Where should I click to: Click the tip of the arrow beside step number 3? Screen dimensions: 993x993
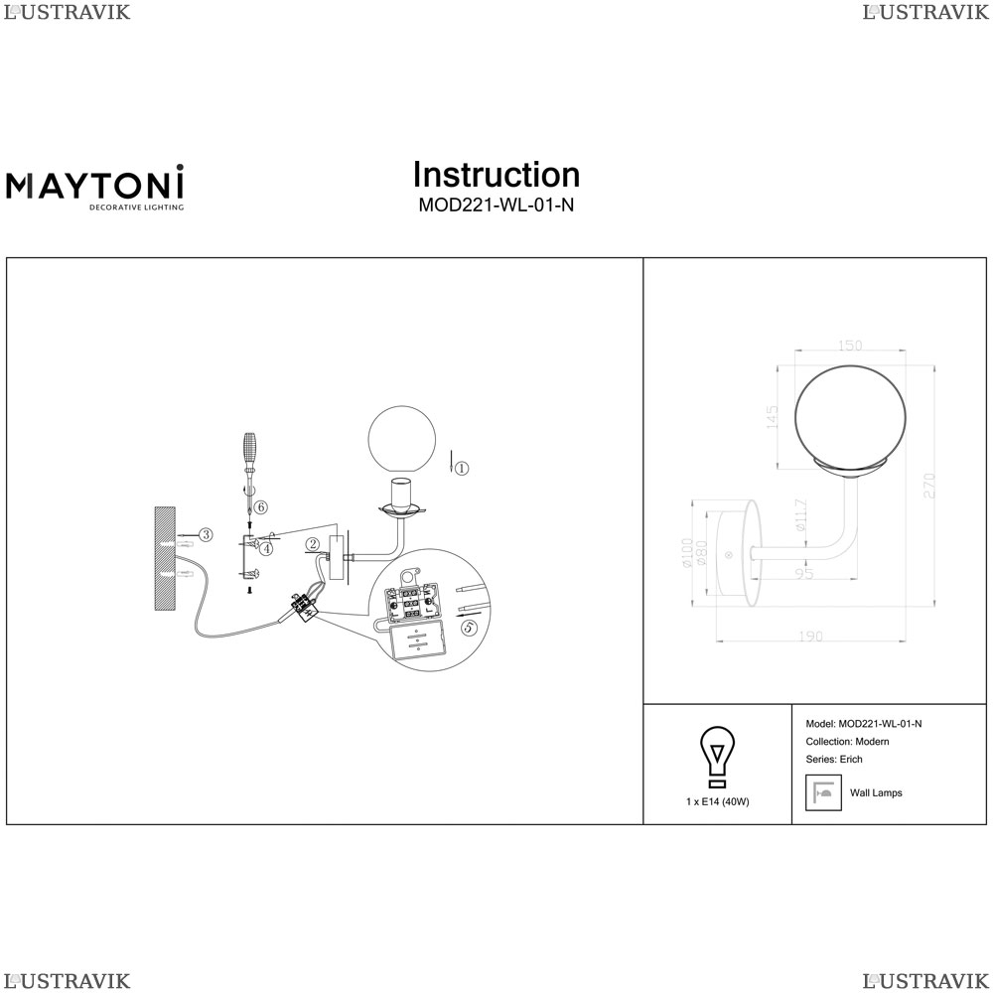(178, 536)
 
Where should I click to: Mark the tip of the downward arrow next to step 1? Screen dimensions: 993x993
(450, 473)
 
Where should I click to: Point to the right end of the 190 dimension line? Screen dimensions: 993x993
(907, 640)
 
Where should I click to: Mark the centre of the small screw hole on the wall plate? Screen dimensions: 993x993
(728, 555)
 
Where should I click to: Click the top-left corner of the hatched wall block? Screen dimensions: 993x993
(155, 506)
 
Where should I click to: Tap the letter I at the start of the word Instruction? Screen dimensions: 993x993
(417, 176)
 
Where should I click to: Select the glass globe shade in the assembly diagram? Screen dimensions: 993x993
(401, 440)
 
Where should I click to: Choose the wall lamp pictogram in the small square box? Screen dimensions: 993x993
(823, 792)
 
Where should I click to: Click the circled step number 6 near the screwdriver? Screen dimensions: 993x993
(261, 507)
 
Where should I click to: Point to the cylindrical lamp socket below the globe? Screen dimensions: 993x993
(399, 496)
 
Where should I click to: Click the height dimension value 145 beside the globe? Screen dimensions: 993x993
(772, 418)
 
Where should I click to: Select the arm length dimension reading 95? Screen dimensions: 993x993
(803, 574)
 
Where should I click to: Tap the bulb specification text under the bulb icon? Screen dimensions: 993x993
(718, 801)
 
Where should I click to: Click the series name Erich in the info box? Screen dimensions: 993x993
(851, 760)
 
